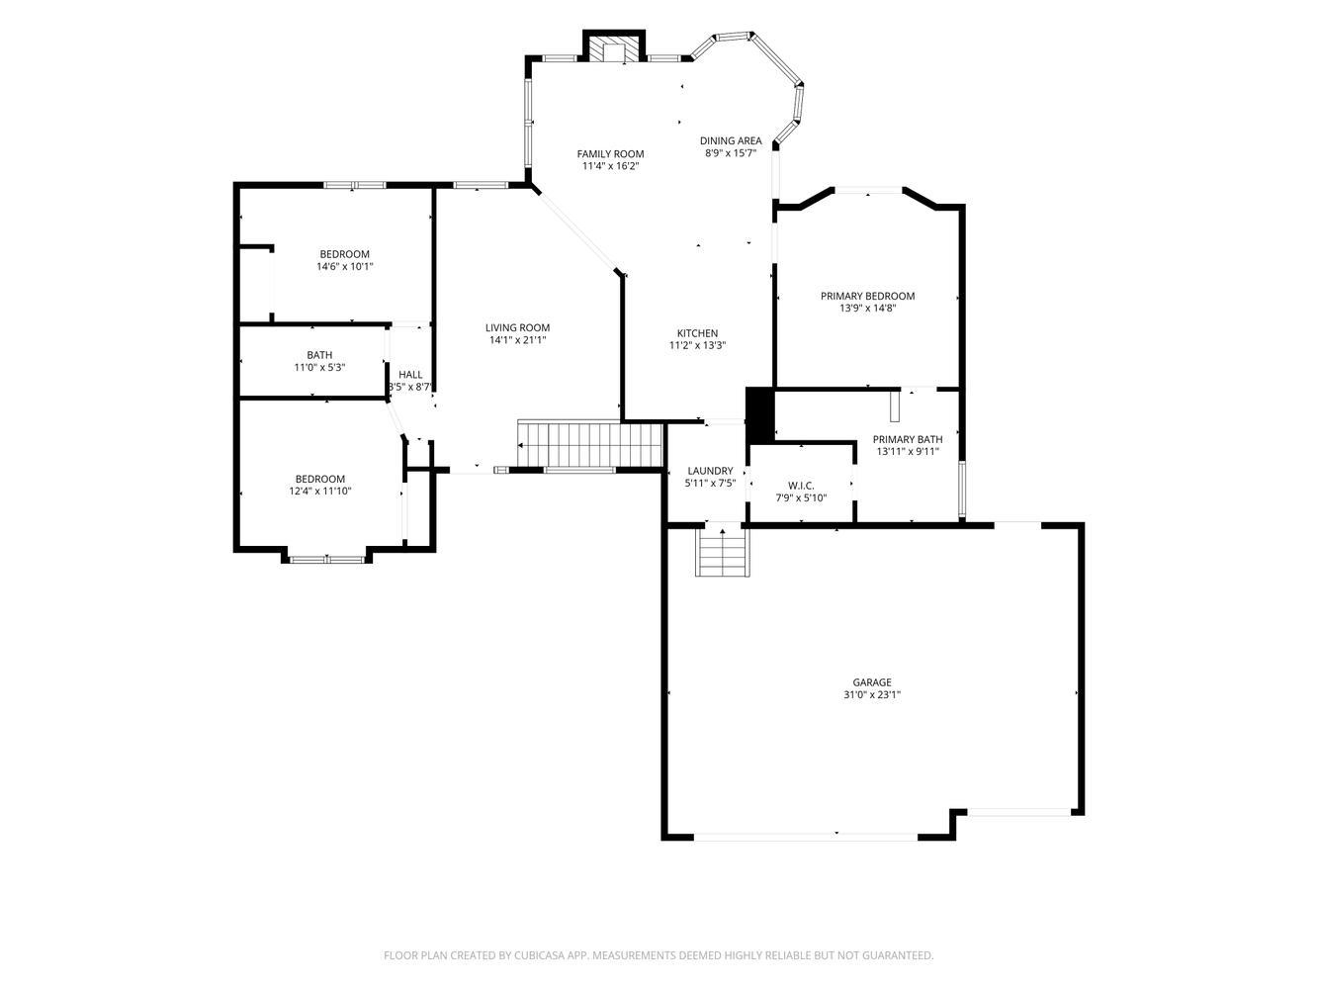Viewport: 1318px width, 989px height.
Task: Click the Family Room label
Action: tap(610, 154)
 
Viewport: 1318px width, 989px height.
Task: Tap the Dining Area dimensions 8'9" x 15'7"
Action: tap(730, 153)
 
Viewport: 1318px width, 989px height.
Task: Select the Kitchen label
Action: tap(697, 333)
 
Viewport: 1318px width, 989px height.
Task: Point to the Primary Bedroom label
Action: tap(867, 296)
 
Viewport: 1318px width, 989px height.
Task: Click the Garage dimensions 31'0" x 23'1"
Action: tap(872, 694)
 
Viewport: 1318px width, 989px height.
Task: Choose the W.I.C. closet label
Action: tap(801, 486)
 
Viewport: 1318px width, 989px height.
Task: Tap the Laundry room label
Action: tap(710, 471)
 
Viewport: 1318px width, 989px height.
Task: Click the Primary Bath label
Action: tap(908, 439)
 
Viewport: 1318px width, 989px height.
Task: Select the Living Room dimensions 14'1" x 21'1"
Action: tap(517, 340)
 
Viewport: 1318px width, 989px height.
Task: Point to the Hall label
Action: tap(410, 375)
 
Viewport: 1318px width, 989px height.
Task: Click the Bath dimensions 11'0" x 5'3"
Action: tap(319, 368)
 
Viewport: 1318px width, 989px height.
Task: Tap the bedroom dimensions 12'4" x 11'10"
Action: tap(320, 492)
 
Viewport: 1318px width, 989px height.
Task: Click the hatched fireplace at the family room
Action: tap(614, 50)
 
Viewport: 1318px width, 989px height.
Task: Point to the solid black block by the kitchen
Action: tap(759, 415)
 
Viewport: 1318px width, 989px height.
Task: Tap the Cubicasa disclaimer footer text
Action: tap(659, 954)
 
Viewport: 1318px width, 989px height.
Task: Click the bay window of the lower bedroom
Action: tap(326, 559)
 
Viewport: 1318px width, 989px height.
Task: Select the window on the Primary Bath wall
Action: tap(961, 489)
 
